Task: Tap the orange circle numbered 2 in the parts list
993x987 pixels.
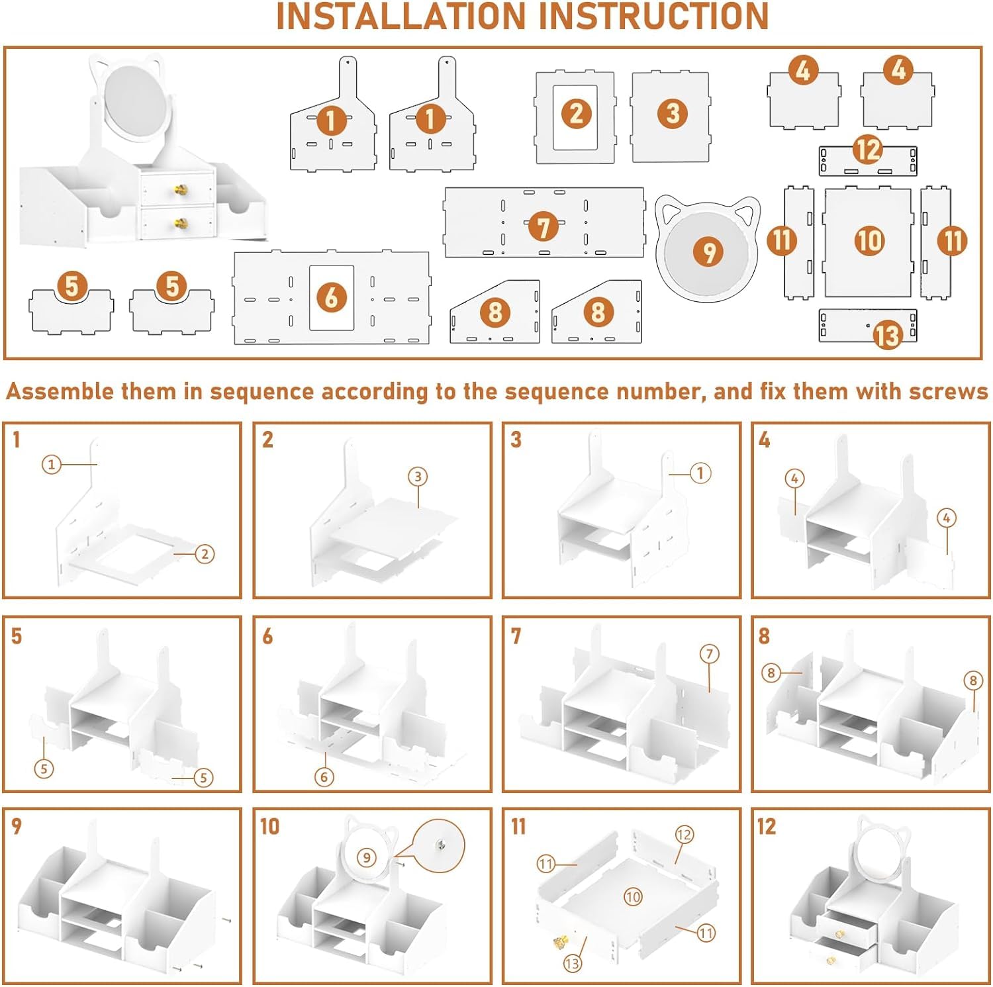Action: click(x=577, y=113)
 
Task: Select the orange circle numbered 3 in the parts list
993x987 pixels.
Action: click(x=673, y=113)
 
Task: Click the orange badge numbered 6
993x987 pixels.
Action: click(x=332, y=298)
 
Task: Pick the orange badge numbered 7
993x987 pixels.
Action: click(x=544, y=227)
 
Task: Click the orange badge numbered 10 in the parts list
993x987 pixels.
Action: click(x=869, y=240)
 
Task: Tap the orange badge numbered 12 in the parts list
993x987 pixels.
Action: click(x=869, y=150)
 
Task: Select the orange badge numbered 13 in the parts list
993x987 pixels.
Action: click(x=888, y=334)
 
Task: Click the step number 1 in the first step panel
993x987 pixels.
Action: click(x=17, y=440)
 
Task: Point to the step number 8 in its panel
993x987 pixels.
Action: click(x=764, y=636)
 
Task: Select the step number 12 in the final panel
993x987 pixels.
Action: click(x=766, y=826)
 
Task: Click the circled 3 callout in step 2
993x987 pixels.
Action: click(x=418, y=477)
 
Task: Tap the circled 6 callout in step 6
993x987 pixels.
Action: click(x=324, y=777)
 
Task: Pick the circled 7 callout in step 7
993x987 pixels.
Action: click(x=709, y=654)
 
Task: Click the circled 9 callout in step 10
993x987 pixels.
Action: click(x=367, y=858)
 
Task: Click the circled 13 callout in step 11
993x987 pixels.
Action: click(x=573, y=963)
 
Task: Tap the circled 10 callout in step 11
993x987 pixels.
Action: click(x=633, y=897)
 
